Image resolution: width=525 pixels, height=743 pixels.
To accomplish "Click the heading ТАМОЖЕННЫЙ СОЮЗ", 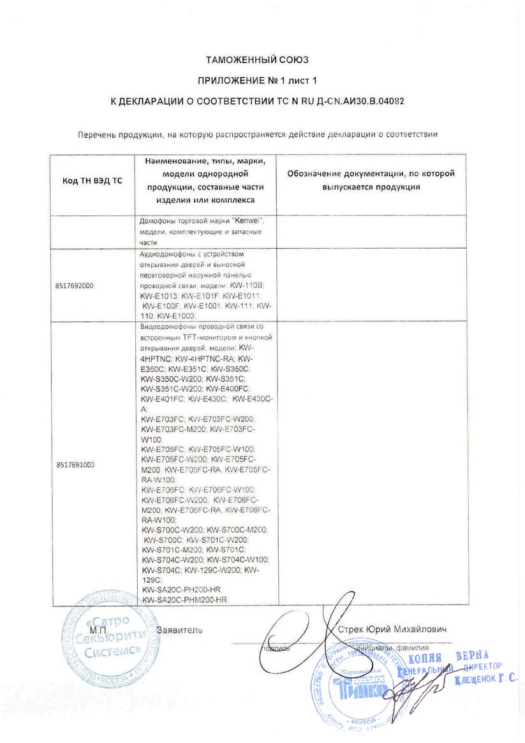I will coord(257,60).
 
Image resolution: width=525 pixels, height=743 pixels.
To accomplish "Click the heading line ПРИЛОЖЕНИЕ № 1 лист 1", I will coord(257,80).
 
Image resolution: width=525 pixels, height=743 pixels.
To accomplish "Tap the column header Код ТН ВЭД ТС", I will coord(92,181).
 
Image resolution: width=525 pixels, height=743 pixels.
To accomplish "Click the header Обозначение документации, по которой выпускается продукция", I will coord(371,180).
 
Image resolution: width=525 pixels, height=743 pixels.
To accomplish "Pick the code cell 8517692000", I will coord(74,285).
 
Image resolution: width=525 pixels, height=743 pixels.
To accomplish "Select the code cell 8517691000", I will coord(75,465).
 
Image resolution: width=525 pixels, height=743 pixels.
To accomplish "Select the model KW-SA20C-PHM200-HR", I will coord(184,601).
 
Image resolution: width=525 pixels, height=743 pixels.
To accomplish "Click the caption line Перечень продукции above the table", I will coord(257,135).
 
